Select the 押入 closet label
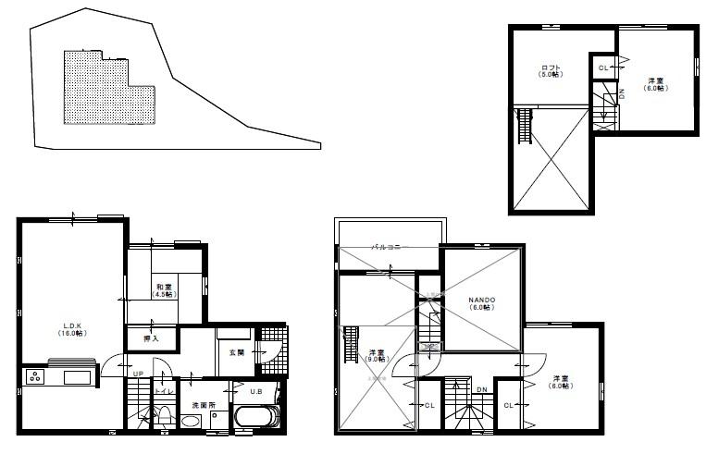point(151,339)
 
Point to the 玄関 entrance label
point(237,352)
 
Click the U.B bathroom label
point(255,390)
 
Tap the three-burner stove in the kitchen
point(34,376)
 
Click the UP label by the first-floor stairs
point(138,374)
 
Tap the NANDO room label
point(481,302)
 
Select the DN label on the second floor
point(481,389)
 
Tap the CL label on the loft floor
point(602,67)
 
